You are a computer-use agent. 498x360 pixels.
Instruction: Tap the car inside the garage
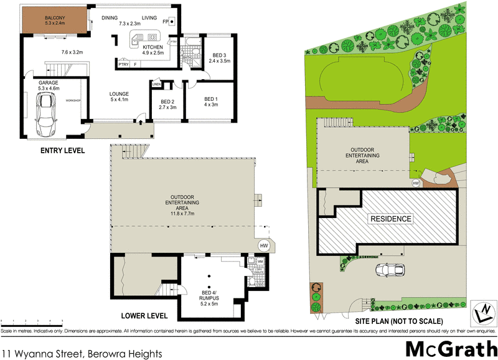(45, 115)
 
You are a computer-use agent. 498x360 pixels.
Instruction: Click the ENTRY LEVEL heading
(62, 151)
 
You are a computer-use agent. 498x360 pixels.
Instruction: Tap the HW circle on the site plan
(415, 183)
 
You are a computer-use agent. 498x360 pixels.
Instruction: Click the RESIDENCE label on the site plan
(391, 219)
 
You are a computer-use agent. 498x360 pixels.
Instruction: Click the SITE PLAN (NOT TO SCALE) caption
(398, 321)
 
